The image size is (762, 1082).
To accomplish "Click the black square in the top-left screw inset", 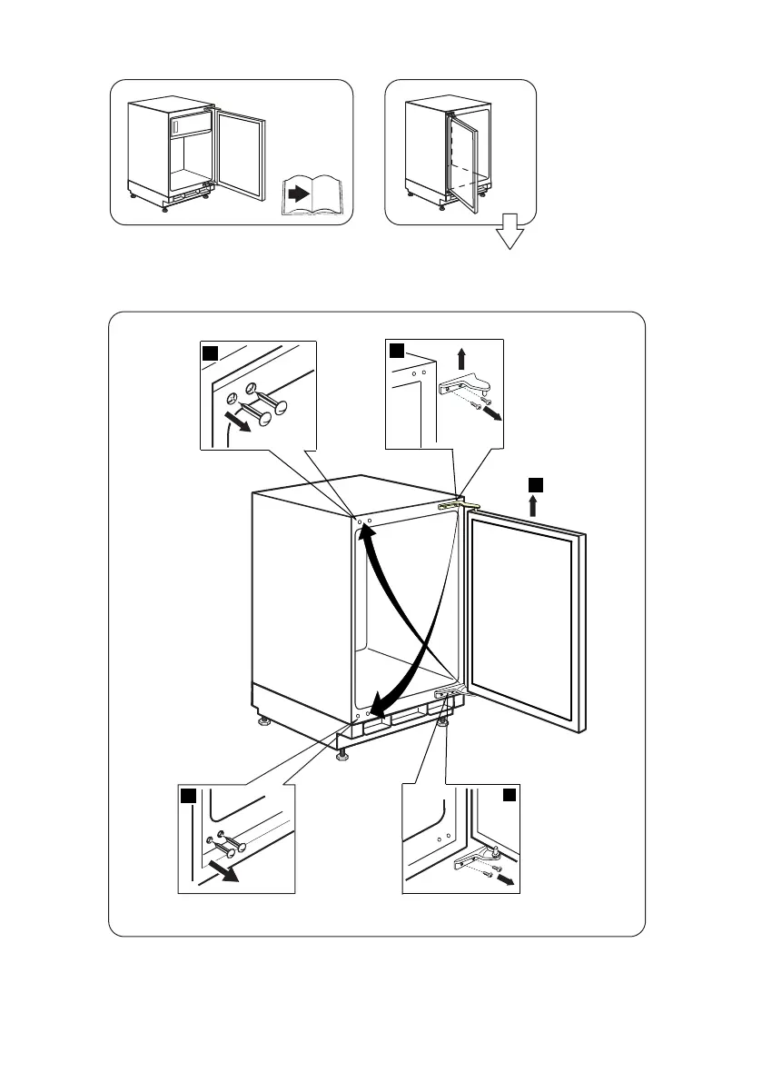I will [210, 352].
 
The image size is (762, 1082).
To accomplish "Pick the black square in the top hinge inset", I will [397, 351].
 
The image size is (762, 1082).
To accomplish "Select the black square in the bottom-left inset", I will [187, 797].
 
